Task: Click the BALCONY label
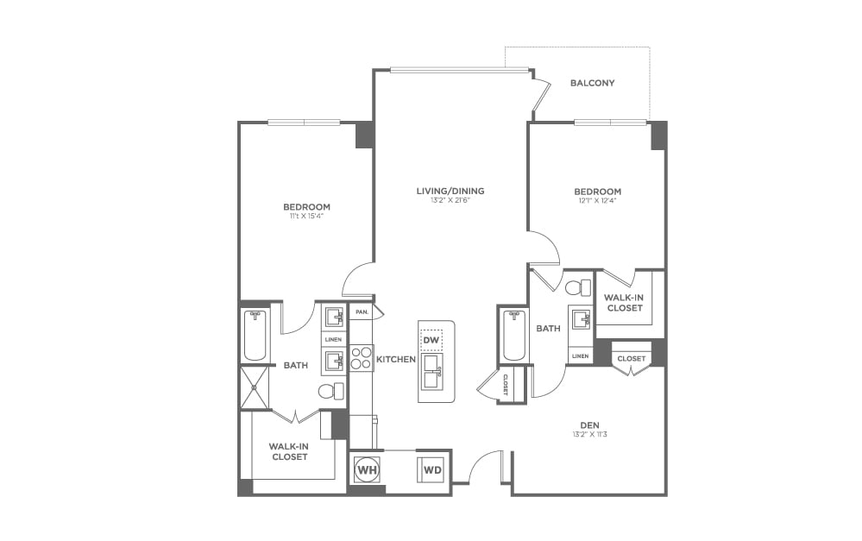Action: tap(592, 83)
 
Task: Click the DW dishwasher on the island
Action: tap(431, 340)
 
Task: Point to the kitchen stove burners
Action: tap(361, 358)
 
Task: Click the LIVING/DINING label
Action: tap(451, 191)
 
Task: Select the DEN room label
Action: tap(589, 425)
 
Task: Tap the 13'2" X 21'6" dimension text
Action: tap(451, 201)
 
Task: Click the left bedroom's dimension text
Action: tap(306, 217)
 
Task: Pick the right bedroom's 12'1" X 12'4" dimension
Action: tap(597, 201)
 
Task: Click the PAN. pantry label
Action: tap(362, 311)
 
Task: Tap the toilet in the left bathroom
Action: tap(330, 391)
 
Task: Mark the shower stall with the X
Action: tap(255, 387)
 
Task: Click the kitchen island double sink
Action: tap(431, 372)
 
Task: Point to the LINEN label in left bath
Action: tap(334, 339)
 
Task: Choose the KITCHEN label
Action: tap(395, 359)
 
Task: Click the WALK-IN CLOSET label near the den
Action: tap(624, 302)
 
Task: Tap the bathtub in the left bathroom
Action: tap(255, 336)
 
